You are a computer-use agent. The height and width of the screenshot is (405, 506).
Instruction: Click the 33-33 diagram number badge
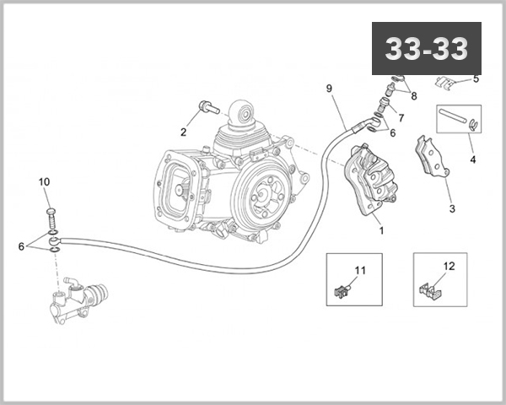(426, 50)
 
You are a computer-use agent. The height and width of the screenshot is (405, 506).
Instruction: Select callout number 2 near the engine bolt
(182, 132)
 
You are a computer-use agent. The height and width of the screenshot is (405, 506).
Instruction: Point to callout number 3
(451, 208)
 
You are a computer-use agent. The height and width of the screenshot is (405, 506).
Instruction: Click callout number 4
(472, 159)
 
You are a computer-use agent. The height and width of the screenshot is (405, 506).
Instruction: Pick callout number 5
(476, 78)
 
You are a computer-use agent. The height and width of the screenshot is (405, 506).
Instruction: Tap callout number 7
(401, 117)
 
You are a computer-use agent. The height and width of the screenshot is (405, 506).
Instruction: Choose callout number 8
(413, 96)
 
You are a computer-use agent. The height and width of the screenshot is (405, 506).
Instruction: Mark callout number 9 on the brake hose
(329, 89)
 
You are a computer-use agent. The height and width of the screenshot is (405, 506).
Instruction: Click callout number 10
(45, 182)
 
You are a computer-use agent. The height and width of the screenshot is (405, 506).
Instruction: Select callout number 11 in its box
(360, 270)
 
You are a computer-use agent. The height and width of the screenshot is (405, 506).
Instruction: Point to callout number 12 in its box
(449, 267)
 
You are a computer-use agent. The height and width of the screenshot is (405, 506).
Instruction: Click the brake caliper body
(369, 178)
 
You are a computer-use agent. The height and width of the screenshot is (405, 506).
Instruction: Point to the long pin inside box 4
(455, 117)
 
